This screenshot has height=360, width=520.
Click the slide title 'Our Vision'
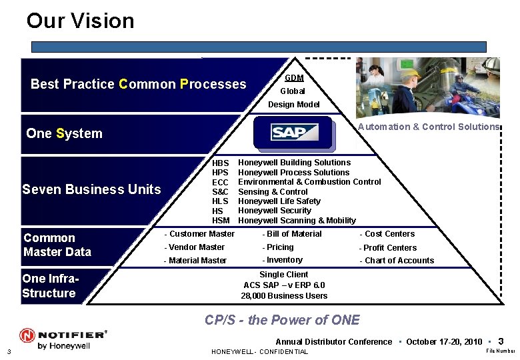click(80, 21)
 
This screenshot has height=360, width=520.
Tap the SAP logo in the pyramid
click(294, 133)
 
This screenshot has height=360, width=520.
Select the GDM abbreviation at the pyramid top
click(294, 78)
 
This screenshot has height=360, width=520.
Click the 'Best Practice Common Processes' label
click(138, 85)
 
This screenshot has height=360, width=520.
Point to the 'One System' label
click(64, 133)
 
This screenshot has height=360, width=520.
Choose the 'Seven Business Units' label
click(91, 189)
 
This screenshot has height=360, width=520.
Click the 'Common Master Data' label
click(57, 245)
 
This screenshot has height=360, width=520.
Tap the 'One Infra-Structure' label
click(50, 286)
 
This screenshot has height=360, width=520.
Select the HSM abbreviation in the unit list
click(221, 221)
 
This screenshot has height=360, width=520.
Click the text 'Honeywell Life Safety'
click(279, 201)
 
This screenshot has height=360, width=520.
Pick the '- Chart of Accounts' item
click(397, 261)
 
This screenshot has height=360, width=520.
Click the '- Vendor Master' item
click(194, 247)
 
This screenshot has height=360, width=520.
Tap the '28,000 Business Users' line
click(284, 296)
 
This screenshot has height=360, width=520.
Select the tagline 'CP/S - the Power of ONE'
click(282, 320)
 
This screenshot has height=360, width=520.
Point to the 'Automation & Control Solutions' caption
click(429, 127)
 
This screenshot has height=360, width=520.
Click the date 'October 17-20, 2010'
click(443, 342)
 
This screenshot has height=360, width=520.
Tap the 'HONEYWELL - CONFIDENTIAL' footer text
click(259, 352)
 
